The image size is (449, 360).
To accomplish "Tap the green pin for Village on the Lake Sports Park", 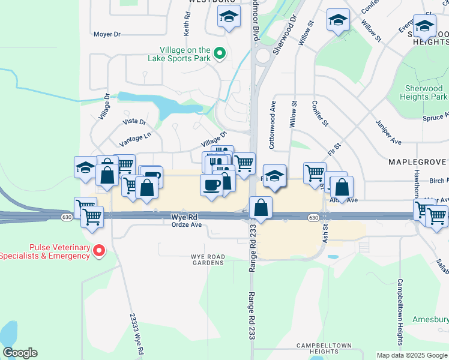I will (x=220, y=55).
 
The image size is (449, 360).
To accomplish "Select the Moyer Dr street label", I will (x=107, y=34).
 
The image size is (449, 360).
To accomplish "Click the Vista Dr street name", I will (x=134, y=121).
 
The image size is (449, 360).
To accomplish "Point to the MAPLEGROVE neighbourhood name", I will (x=417, y=162).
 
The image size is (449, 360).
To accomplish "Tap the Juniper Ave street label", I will (x=388, y=131).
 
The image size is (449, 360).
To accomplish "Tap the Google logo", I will (x=20, y=352).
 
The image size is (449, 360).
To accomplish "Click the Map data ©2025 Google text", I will (x=412, y=355).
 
